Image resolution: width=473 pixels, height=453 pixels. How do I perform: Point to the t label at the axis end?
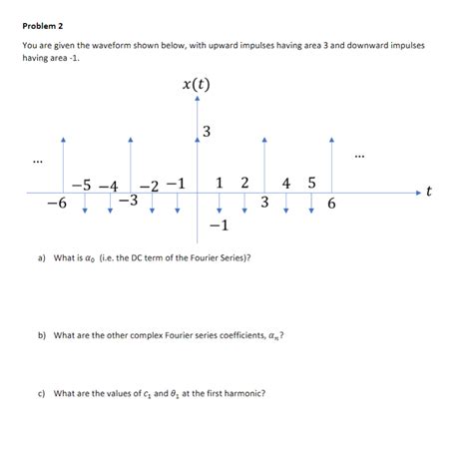428,191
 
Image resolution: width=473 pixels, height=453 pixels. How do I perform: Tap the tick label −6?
56,203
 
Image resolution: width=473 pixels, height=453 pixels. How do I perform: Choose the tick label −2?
150,185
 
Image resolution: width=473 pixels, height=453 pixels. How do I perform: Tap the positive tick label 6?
331,203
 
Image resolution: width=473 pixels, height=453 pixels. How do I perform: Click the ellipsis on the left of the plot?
37,161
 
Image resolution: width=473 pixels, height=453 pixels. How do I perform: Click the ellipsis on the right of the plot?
359,155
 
